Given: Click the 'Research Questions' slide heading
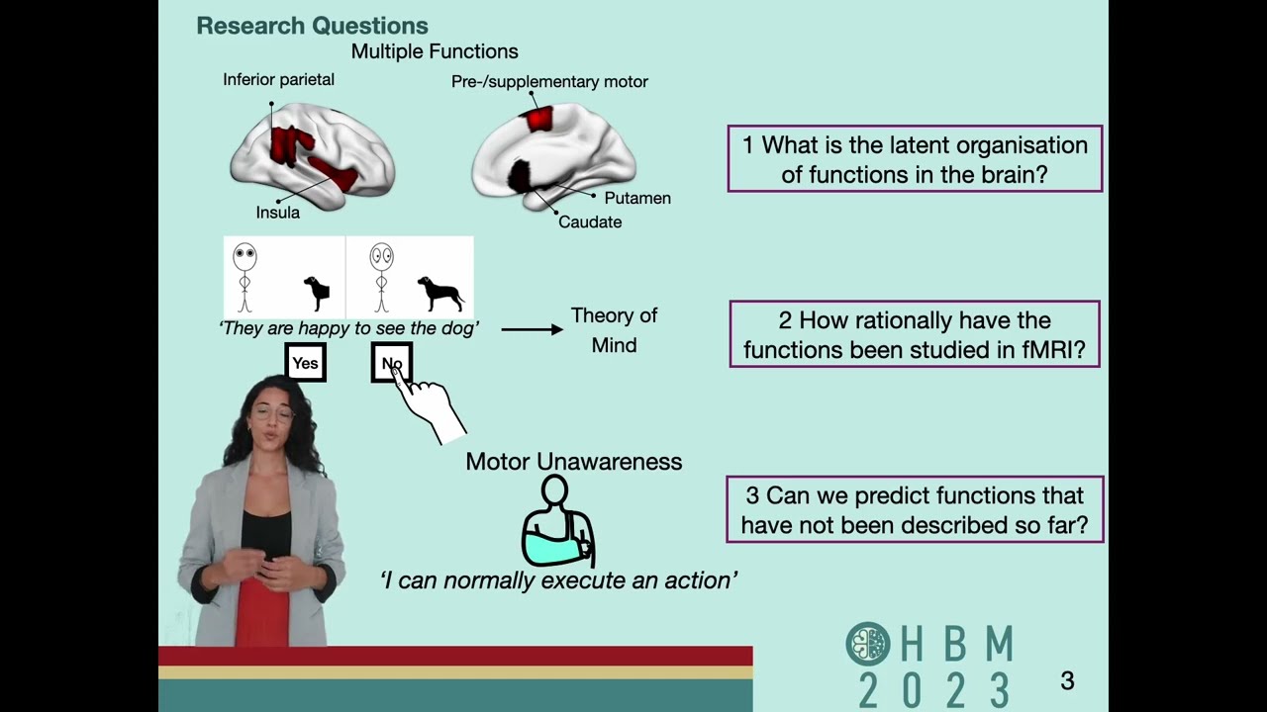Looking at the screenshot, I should pos(312,27).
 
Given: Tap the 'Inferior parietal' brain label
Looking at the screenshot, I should pos(278,80).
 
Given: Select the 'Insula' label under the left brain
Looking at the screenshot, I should pos(277,212).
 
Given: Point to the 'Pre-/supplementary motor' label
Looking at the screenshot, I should pos(549,82).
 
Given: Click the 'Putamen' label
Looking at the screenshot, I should pos(637,198).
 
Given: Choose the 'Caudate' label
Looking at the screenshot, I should pos(590,222).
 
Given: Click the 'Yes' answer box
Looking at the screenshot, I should pos(305,363).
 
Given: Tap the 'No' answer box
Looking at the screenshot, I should pos(391,363).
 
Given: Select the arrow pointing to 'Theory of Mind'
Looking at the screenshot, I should pos(532,328).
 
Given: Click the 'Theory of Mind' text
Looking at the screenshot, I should pos(614,330).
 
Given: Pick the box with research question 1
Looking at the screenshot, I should pos(915,159).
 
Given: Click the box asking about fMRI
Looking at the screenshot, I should pos(915,334).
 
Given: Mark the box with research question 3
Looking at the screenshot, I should pos(915,509).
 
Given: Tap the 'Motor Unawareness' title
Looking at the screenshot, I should pos(573,462).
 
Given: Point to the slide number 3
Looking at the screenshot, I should pos(1067,680).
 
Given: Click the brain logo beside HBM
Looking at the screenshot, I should pos(868,644).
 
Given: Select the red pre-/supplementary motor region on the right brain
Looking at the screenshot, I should pos(539,119).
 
